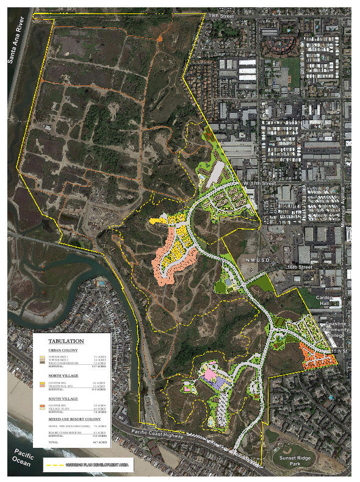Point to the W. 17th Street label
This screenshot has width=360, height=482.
tap(259, 182)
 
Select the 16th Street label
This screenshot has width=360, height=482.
tap(300, 267)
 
